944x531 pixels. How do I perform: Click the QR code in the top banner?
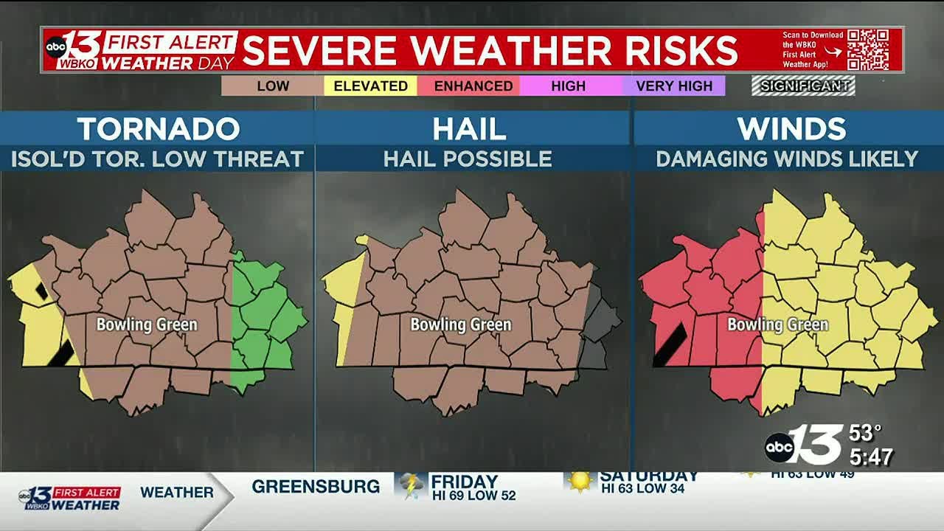(x=867, y=49)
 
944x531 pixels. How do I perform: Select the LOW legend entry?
(x=273, y=86)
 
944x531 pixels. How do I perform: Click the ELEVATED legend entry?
(x=370, y=86)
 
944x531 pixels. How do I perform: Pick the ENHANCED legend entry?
(x=473, y=86)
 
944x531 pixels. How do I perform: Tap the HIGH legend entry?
(x=568, y=86)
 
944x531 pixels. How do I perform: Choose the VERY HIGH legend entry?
(x=674, y=86)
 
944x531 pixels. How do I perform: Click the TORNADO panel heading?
(x=159, y=129)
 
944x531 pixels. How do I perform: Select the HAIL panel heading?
(x=470, y=129)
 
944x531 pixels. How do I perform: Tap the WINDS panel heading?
(x=791, y=129)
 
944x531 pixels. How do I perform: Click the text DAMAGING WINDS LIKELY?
(x=787, y=159)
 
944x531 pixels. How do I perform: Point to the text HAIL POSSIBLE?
(x=468, y=159)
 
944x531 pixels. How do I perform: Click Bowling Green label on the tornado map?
(x=147, y=324)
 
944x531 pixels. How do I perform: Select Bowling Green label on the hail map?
(x=461, y=324)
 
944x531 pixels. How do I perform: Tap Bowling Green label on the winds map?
(x=778, y=324)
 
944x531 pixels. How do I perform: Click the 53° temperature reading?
(x=866, y=433)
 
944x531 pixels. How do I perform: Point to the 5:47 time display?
(x=871, y=457)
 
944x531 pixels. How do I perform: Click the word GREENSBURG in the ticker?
(x=316, y=487)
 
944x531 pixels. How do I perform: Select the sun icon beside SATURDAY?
(x=580, y=481)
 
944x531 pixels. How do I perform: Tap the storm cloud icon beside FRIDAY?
(x=410, y=485)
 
